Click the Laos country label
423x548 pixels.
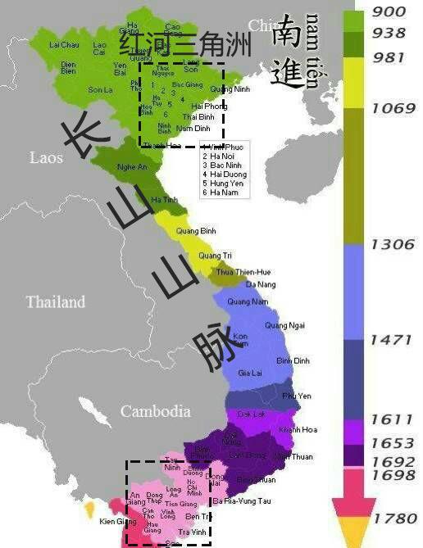[45, 156]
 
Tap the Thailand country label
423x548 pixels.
[56, 302]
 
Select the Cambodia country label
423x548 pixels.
[155, 411]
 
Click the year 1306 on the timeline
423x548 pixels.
[393, 243]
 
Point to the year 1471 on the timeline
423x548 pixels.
[393, 339]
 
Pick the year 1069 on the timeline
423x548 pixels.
[393, 108]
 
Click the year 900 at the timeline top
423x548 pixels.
[389, 12]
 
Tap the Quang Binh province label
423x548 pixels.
[196, 231]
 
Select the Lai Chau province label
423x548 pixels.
[64, 44]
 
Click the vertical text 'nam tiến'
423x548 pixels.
[312, 51]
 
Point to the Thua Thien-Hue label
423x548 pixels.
[243, 271]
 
